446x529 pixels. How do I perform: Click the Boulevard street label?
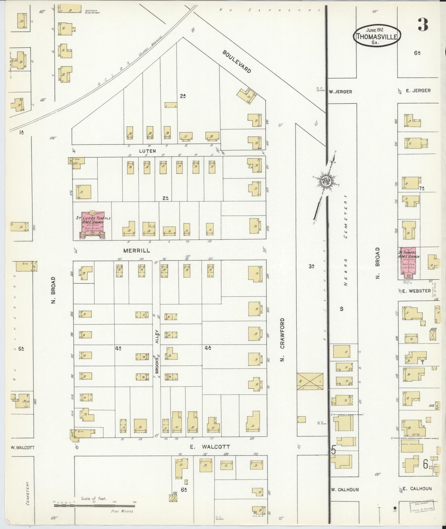tap(237, 61)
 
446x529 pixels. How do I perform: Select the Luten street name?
tap(147, 151)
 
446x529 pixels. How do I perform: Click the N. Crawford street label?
tap(282, 339)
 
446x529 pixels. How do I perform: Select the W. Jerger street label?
tap(340, 92)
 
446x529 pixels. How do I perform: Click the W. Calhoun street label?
tap(345, 489)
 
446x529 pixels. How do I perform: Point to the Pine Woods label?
tap(122, 511)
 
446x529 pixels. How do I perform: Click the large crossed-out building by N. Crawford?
tap(310, 381)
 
